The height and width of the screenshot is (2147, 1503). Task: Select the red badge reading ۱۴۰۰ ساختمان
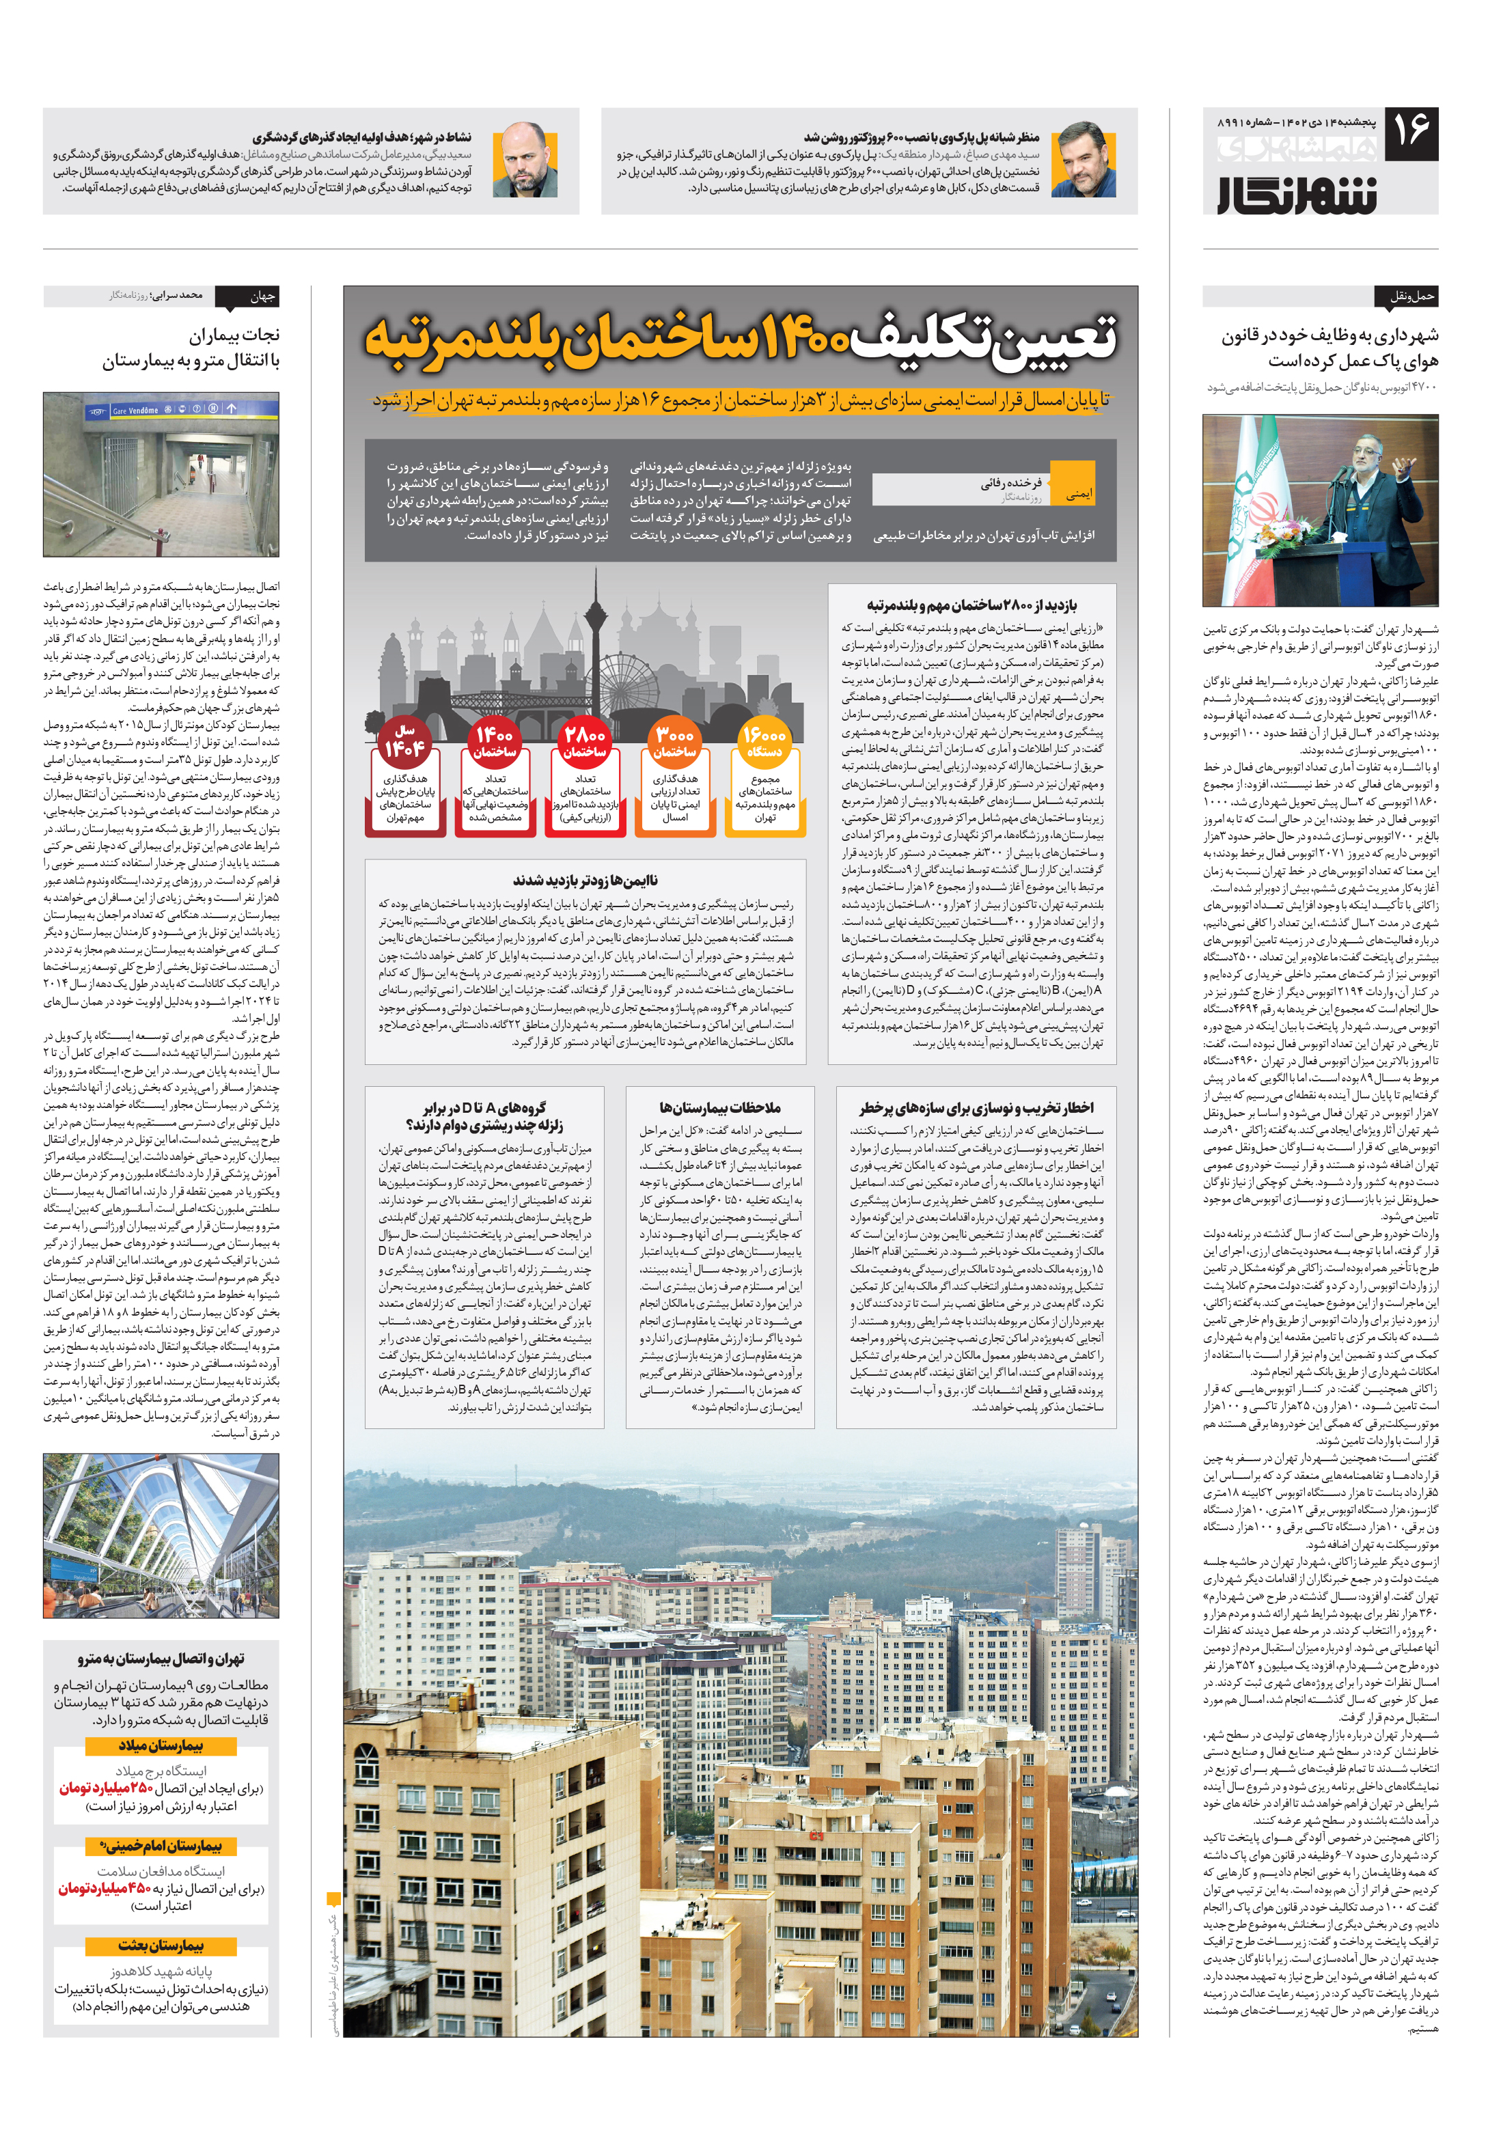click(494, 742)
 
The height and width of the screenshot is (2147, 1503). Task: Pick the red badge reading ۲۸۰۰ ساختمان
click(585, 742)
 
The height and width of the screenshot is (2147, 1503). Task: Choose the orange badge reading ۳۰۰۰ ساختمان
click(674, 742)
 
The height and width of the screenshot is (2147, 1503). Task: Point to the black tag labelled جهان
click(262, 296)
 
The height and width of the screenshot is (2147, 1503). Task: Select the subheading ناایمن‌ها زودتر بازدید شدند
click(585, 879)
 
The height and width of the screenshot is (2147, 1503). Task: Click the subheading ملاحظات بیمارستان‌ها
click(719, 1107)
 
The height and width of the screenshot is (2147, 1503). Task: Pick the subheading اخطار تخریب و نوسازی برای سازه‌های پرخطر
click(976, 1107)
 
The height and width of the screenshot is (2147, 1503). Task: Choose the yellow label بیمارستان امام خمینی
click(161, 1845)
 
